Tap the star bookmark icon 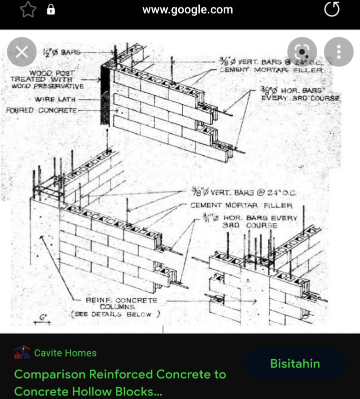(28, 9)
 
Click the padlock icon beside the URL (50, 9)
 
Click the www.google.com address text (187, 9)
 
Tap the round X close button (21, 52)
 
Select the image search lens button (302, 52)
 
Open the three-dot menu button (339, 52)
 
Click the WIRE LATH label (51, 99)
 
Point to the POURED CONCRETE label (41, 110)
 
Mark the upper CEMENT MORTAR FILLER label (271, 70)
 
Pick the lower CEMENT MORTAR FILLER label (241, 205)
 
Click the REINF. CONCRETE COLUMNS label (121, 303)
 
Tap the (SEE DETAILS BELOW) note (115, 314)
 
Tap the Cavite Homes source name (65, 353)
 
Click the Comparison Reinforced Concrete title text (120, 374)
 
